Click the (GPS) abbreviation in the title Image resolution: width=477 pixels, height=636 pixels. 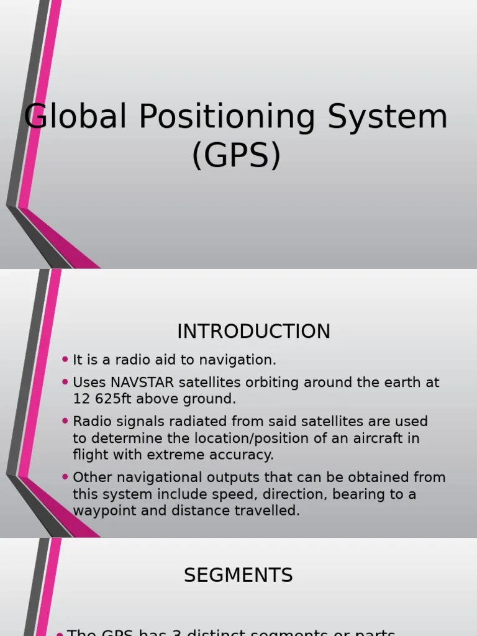237,156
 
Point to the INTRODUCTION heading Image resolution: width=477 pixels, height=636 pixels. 253,332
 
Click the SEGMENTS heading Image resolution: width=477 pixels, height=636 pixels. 238,576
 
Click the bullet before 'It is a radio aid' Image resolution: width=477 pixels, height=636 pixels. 65,359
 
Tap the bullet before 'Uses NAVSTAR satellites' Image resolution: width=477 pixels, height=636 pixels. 65,381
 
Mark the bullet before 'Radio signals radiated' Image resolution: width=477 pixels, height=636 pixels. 65,420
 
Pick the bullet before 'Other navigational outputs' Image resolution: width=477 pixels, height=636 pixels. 65,476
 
